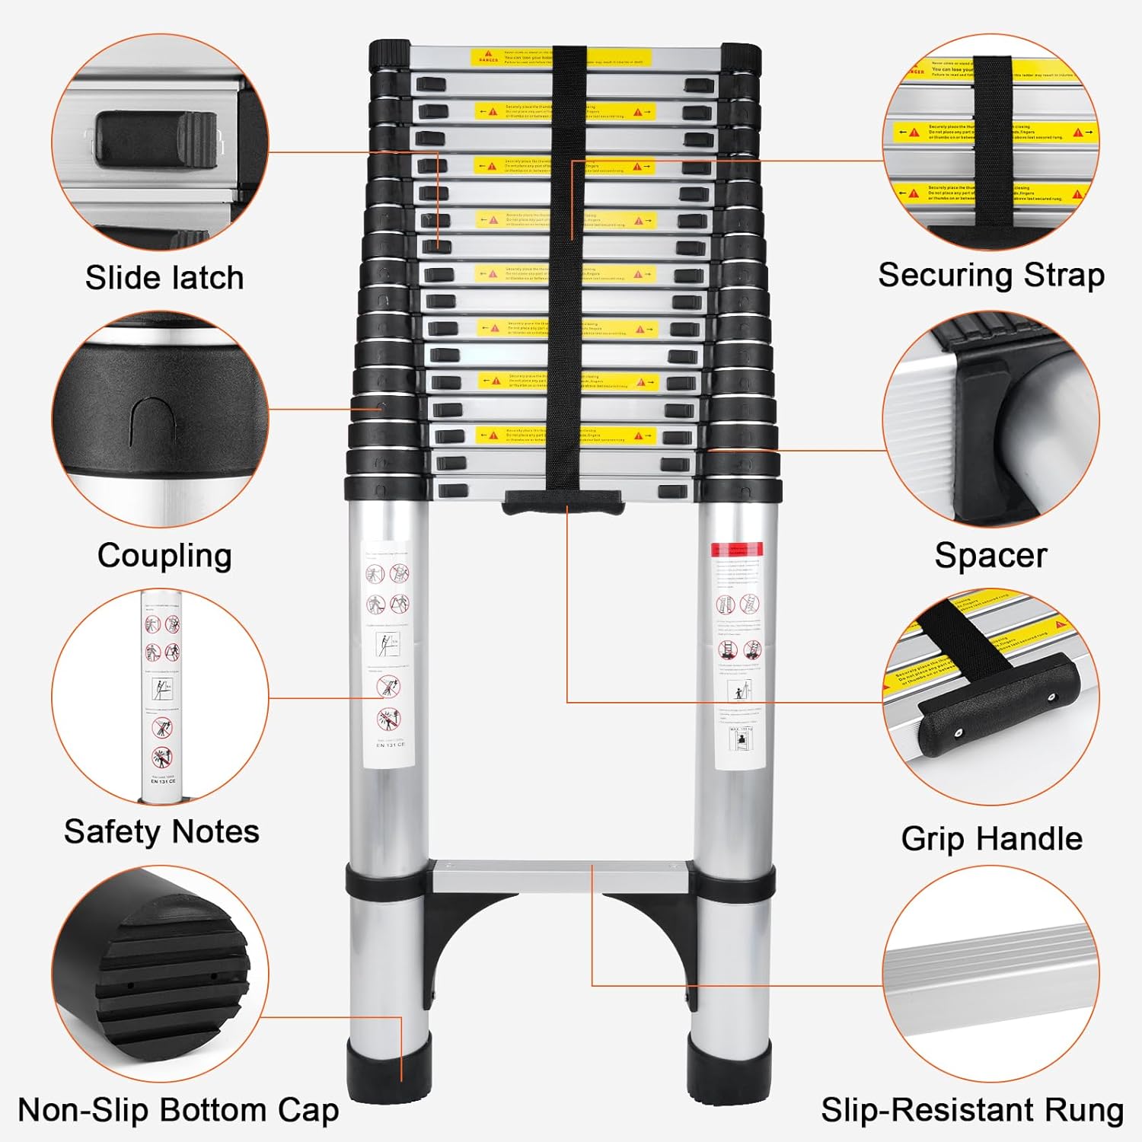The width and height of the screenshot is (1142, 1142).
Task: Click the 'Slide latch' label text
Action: click(164, 278)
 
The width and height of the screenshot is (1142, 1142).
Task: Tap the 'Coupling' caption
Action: click(164, 556)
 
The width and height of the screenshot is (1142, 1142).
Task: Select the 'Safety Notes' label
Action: click(161, 831)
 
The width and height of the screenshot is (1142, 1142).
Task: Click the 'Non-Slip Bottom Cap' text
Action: click(178, 1110)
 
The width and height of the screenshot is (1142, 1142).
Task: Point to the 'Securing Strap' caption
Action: click(991, 275)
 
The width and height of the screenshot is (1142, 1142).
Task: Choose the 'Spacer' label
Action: click(990, 555)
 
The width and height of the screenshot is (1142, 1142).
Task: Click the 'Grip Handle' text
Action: click(991, 838)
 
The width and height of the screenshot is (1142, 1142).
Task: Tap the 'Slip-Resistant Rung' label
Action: click(971, 1110)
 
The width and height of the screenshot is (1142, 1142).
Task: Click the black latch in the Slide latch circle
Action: click(156, 137)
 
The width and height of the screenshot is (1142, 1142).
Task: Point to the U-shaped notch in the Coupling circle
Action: click(155, 423)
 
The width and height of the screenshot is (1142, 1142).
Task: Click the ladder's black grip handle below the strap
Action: click(563, 502)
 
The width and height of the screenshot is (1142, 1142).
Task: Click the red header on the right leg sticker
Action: click(736, 549)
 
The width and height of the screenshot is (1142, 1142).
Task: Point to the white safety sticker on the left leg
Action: click(388, 655)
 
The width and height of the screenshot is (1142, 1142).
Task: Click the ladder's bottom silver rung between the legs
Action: click(562, 876)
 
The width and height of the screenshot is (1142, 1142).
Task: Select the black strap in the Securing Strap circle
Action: click(992, 141)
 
